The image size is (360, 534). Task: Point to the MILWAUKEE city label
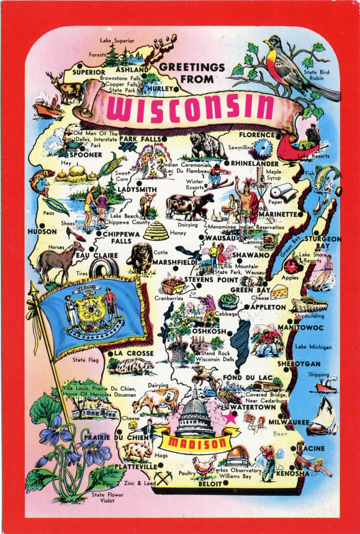click(289, 422)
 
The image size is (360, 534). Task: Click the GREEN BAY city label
click(250, 289)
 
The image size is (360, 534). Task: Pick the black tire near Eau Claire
click(104, 268)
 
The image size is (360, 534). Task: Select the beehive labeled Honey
click(156, 230)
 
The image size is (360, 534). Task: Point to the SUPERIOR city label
click(88, 72)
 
